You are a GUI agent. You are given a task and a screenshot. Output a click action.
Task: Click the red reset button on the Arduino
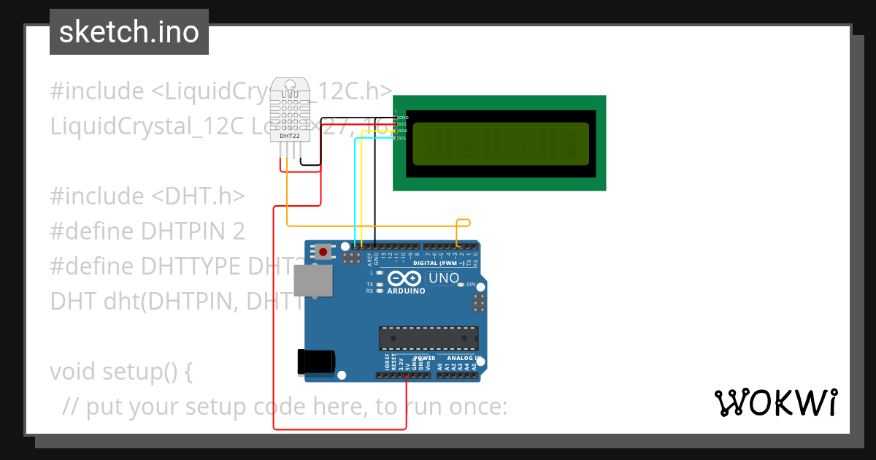pos(323,253)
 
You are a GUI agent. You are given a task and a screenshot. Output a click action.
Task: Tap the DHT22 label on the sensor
pos(289,136)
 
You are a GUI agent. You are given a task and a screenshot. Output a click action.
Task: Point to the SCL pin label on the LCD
pos(402,137)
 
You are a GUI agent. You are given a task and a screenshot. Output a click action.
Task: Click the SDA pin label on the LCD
pos(402,131)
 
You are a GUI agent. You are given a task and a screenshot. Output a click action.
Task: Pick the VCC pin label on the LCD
pos(402,124)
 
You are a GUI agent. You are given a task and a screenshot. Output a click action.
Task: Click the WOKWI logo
pos(775,402)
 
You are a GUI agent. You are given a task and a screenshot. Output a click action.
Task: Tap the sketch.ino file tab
pos(129,32)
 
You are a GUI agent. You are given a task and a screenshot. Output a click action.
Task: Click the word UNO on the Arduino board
pos(442,278)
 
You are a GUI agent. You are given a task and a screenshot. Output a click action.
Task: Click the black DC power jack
pos(316,362)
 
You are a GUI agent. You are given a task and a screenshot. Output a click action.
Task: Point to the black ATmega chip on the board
pos(428,339)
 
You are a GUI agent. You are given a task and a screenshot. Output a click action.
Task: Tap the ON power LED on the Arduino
pos(461,285)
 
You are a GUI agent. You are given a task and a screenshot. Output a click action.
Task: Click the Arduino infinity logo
pos(404,278)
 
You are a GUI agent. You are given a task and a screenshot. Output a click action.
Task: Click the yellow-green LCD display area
pos(500,144)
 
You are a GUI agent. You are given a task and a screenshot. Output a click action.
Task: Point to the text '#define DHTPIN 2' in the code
pos(147,231)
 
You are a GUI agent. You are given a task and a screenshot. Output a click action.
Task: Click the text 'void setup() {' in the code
pos(121,372)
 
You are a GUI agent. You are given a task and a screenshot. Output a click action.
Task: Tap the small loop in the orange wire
pos(463,223)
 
